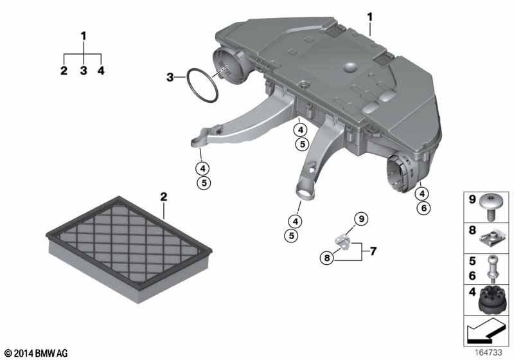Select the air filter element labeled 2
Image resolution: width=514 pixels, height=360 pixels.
129,249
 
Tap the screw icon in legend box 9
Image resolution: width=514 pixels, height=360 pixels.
490,207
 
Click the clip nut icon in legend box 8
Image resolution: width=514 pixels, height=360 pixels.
490,239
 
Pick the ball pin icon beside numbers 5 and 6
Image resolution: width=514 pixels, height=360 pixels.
492,269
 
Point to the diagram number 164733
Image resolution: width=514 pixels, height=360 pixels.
488,352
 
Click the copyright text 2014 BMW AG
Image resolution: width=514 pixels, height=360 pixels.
37,353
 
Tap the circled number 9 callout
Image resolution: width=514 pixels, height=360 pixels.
361,219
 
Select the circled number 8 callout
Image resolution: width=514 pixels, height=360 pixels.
326,258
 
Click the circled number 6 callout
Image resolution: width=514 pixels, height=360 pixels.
423,208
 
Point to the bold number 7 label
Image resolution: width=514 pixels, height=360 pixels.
373,251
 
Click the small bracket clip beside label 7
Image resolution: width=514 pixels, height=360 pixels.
342,242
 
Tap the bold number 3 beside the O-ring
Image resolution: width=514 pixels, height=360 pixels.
170,77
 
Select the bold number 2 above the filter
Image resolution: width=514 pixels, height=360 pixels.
164,197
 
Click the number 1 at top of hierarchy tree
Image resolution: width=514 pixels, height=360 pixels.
84,36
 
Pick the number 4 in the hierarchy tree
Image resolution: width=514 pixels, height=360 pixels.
101,70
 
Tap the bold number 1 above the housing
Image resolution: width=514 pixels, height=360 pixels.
370,17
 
